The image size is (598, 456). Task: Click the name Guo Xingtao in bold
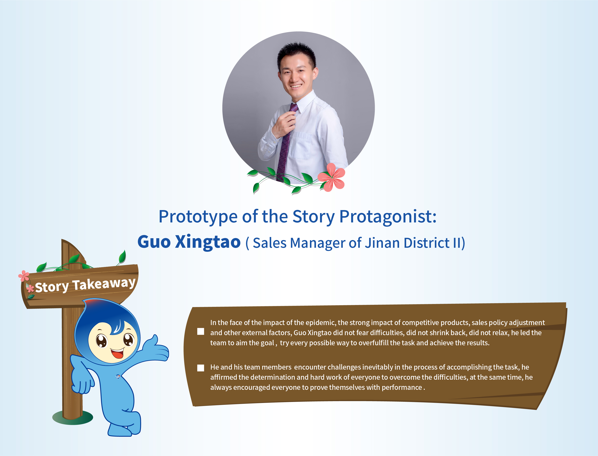(189, 242)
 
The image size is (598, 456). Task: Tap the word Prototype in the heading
(198, 217)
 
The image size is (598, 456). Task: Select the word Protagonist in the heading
(388, 217)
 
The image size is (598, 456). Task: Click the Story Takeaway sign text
(85, 285)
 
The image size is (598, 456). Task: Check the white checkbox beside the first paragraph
(201, 331)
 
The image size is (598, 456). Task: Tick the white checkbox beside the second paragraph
(201, 368)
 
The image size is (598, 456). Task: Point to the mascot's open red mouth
(118, 353)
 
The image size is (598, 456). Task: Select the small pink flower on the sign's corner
(24, 276)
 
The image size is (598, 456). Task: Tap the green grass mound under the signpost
(73, 418)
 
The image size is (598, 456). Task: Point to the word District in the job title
(427, 243)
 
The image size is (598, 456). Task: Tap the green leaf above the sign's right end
(123, 256)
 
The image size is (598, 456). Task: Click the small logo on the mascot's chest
(118, 376)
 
